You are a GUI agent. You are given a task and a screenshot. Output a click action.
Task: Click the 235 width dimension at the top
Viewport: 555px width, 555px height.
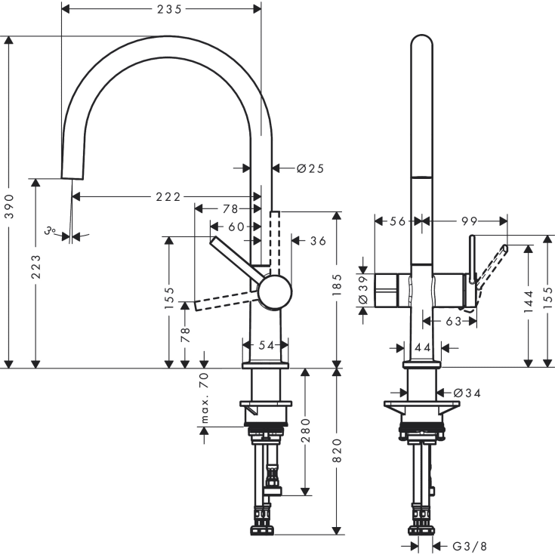tap(160, 9)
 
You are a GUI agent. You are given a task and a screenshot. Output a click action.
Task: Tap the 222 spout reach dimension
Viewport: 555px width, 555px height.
tap(168, 197)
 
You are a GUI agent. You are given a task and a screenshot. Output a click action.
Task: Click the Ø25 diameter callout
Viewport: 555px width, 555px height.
tap(310, 168)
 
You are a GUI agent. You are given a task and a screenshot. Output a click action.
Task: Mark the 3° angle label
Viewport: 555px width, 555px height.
tap(51, 232)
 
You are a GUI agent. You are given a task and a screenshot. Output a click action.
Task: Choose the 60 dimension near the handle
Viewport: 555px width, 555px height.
tap(236, 226)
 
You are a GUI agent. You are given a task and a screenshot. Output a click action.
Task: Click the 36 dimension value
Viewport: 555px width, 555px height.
tap(318, 241)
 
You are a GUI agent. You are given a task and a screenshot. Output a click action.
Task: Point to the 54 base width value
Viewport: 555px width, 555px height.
tap(265, 345)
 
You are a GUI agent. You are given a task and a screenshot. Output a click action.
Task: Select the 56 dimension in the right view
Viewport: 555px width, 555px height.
tap(396, 221)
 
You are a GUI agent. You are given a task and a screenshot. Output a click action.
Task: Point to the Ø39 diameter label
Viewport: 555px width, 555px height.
tap(363, 288)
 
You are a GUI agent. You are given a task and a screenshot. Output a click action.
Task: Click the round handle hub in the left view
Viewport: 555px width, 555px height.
tap(275, 292)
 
